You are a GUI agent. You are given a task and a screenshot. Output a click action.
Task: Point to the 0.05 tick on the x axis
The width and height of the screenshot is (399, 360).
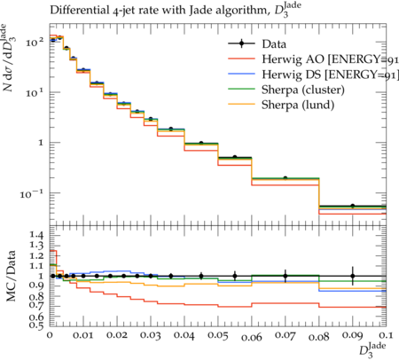coord(218,335)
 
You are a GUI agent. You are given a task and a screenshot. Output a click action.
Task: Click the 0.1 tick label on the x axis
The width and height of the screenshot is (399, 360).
coord(386,335)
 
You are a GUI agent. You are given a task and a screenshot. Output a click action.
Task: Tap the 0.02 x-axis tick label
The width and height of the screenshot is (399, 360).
coord(117,335)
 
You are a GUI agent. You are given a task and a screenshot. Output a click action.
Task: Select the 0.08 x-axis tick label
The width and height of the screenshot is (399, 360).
coord(319,337)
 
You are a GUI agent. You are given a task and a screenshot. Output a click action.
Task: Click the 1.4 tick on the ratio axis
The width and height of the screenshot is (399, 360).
coord(36,236)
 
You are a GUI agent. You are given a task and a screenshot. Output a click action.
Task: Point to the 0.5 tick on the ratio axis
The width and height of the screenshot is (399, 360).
coord(36,325)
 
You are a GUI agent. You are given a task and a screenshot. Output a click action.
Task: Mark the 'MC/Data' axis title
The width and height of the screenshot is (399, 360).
coord(11,276)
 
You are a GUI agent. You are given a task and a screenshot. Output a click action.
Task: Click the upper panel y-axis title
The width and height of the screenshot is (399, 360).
coord(9,58)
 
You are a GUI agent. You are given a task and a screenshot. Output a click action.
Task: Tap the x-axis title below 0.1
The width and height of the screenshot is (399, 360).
coord(373,349)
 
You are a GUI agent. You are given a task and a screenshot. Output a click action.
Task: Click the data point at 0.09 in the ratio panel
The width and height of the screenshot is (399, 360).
coord(353,276)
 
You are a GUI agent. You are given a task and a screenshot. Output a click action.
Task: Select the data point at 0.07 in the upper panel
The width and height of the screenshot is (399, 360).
coord(286,178)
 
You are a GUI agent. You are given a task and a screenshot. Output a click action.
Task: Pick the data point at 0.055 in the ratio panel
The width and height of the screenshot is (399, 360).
coord(235,276)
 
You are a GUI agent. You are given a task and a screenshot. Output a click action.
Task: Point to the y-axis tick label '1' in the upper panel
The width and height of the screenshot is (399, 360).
coord(42,143)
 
